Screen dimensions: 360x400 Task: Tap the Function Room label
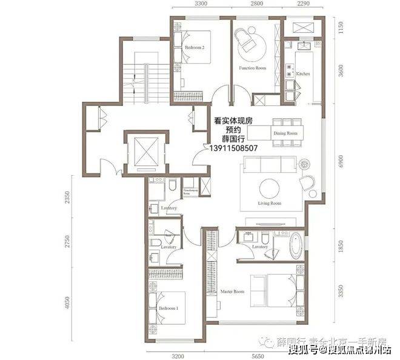click(x=252, y=68)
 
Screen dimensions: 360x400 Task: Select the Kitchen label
click(x=303, y=74)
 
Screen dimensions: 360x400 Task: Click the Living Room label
click(x=270, y=204)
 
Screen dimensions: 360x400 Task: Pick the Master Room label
click(x=232, y=292)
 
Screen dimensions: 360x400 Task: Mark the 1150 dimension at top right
click(x=341, y=27)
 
